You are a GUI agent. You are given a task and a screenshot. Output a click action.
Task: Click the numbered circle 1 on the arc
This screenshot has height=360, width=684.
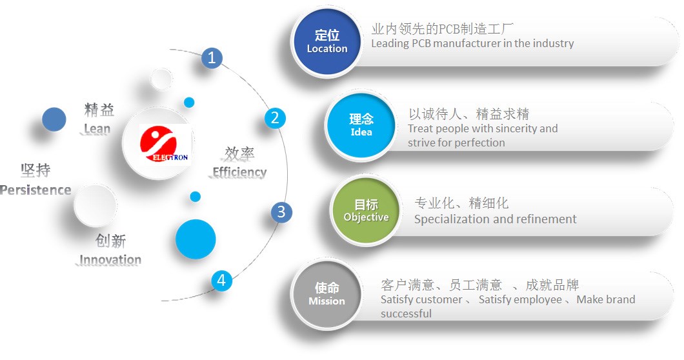[212, 57]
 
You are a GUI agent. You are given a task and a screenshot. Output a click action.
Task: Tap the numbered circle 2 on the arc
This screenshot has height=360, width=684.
[275, 118]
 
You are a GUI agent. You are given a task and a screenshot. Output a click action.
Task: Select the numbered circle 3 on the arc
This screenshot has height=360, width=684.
[281, 212]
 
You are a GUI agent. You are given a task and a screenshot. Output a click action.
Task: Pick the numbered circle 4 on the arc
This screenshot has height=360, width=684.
[221, 280]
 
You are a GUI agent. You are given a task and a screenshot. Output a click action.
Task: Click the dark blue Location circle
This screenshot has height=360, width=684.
[327, 43]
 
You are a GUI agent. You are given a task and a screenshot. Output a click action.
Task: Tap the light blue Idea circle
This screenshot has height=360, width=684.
[361, 126]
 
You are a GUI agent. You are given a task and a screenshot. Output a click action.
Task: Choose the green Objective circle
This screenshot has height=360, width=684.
[366, 211]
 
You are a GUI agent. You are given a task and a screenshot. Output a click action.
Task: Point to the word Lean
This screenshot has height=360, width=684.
[97, 129]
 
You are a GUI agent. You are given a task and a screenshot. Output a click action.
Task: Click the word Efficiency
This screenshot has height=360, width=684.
[239, 172]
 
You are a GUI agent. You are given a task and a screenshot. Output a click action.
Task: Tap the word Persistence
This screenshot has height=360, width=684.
[35, 190]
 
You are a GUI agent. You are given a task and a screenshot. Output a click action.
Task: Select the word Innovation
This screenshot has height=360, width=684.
[110, 259]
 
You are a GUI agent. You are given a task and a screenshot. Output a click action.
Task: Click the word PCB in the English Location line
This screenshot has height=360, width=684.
[421, 44]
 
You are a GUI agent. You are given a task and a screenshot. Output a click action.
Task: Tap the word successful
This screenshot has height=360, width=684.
[406, 314]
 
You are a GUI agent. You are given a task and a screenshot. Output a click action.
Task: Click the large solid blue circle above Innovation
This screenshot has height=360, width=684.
[196, 239]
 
